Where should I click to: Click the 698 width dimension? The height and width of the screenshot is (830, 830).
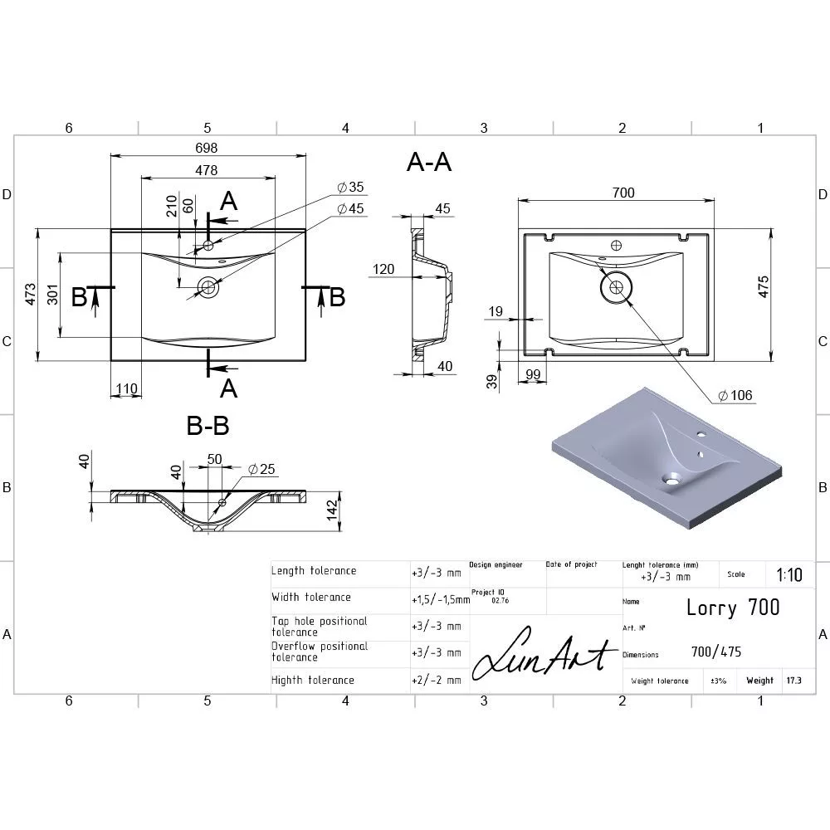pos(206,148)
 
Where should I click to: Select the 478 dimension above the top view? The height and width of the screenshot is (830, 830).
pos(206,170)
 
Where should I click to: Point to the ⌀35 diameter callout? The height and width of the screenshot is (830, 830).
pos(350,187)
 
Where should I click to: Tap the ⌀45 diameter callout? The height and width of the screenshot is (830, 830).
pos(350,208)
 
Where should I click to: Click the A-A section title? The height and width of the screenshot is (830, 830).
pos(429,162)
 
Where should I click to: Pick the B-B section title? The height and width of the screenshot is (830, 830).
pos(208,425)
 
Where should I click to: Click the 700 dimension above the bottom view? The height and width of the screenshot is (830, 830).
pos(623,193)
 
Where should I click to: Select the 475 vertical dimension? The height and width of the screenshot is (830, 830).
pos(763,286)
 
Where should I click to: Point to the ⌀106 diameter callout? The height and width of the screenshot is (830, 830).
pos(735,395)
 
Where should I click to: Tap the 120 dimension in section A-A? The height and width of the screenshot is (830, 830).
pos(383,269)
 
